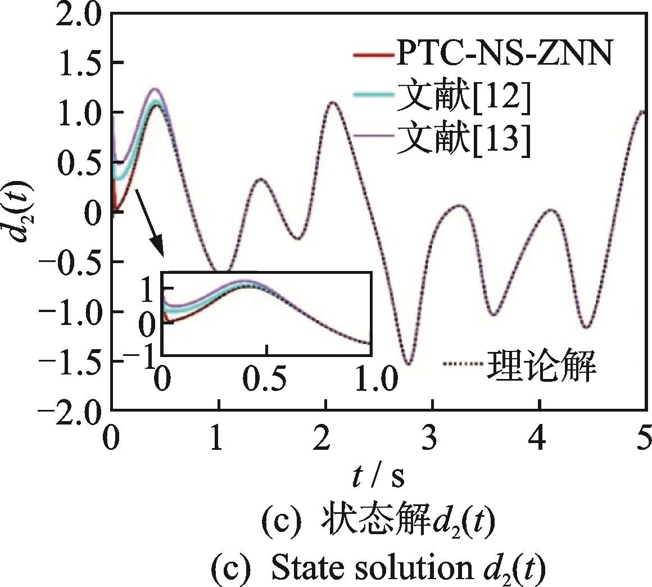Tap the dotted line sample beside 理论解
(x=462, y=365)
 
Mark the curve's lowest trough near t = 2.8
(x=409, y=363)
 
